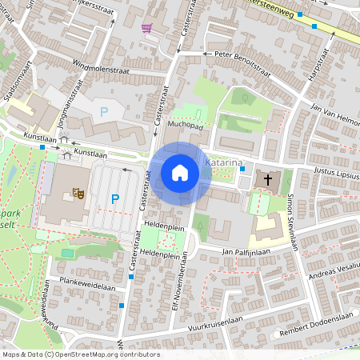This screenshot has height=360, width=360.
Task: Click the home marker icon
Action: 180,173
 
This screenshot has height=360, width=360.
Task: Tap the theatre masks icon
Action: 79,192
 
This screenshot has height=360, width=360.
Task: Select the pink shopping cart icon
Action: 146,28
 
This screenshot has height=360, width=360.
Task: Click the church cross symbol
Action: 267,180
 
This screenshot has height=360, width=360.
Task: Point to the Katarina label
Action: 223,163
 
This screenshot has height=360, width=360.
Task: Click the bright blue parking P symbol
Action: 114,198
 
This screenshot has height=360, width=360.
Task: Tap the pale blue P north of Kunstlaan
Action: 102,111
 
